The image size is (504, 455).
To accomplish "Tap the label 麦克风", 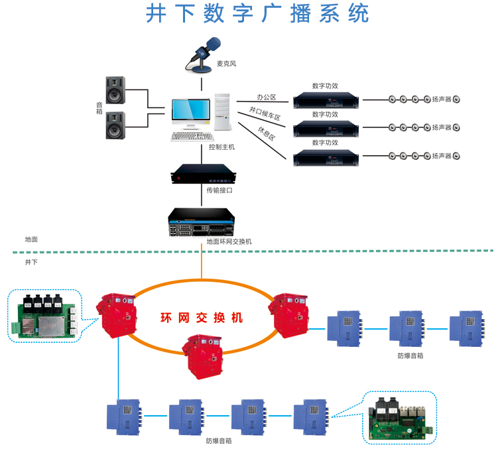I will [x=226, y=64].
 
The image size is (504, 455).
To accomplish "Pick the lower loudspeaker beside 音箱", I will [x=115, y=125].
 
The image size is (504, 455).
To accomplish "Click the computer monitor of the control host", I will [x=188, y=113].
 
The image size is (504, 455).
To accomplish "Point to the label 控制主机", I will [x=221, y=147].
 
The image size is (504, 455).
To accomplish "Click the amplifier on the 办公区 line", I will [x=326, y=100].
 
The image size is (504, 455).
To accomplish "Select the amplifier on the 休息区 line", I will [x=326, y=157].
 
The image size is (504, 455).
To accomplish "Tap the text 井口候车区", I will [x=265, y=113].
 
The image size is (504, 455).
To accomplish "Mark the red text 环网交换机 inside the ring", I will [x=202, y=318].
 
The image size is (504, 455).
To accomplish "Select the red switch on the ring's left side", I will [x=117, y=315].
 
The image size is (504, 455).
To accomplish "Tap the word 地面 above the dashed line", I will [x=31, y=239].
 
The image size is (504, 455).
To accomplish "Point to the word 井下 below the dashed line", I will [x=31, y=263].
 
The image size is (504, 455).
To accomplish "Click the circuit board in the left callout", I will [x=44, y=316].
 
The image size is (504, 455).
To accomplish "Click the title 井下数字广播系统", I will [x=257, y=14].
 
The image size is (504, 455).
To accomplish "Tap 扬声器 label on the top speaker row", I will [x=441, y=99].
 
